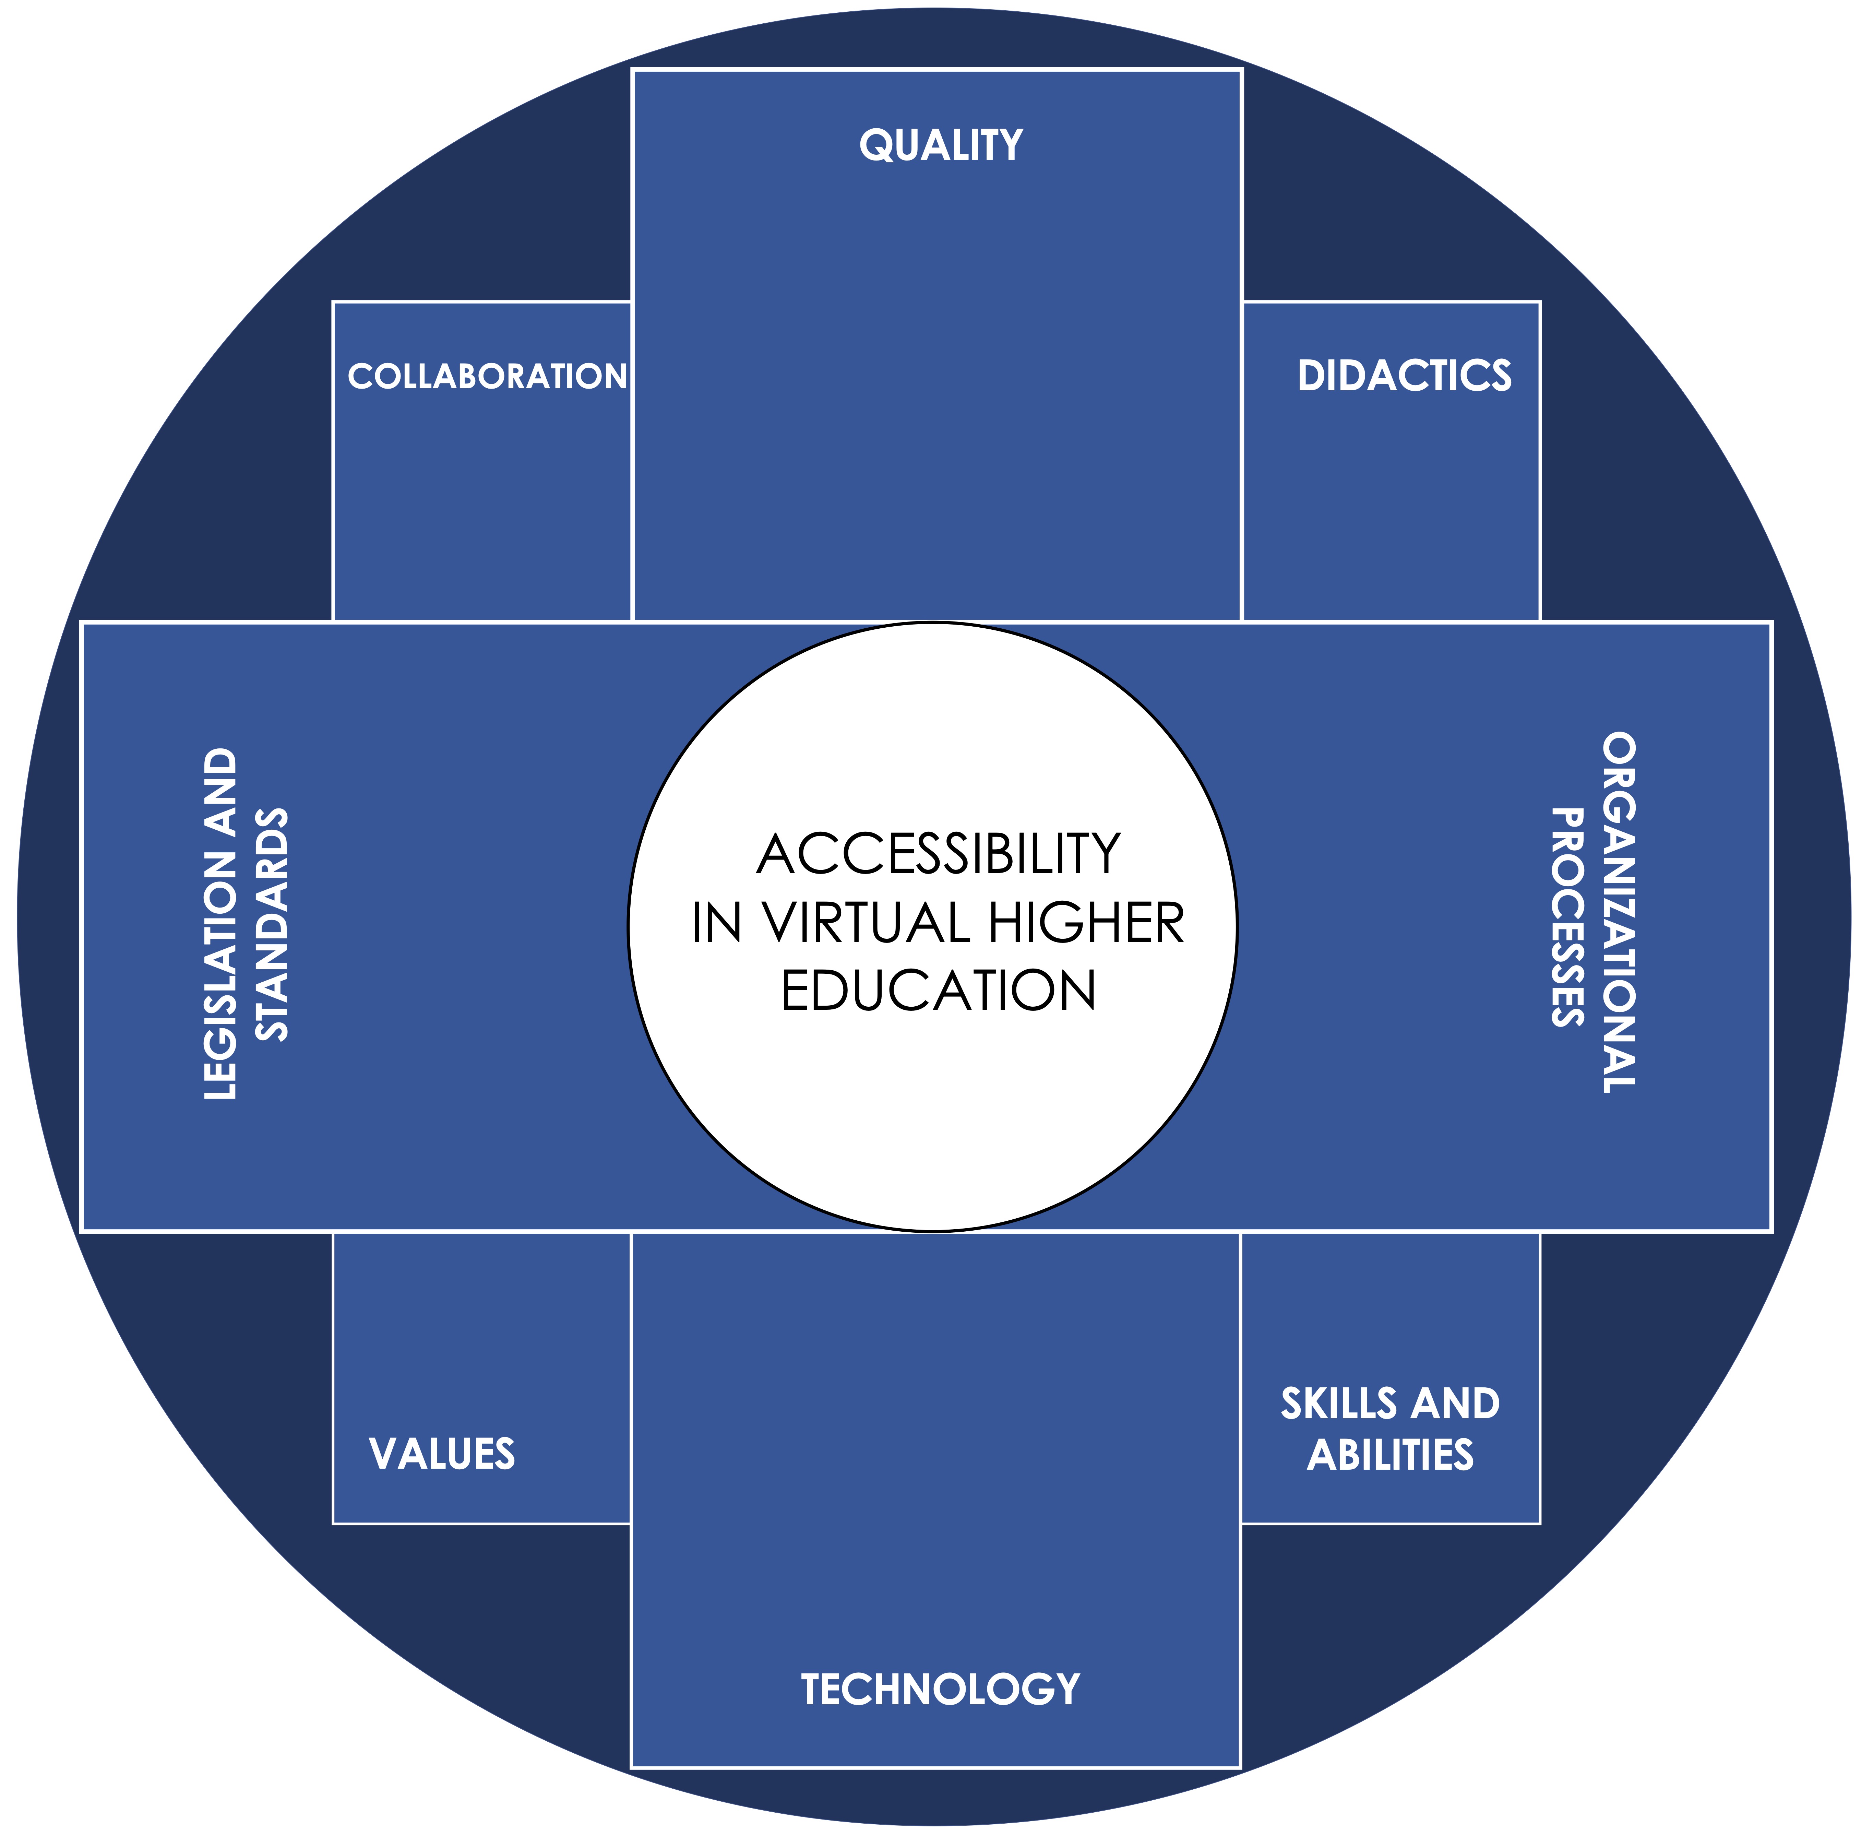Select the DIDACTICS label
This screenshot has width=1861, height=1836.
[1404, 376]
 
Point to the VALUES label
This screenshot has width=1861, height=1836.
[442, 1454]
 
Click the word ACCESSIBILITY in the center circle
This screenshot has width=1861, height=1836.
[939, 854]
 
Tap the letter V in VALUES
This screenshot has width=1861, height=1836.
[382, 1454]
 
